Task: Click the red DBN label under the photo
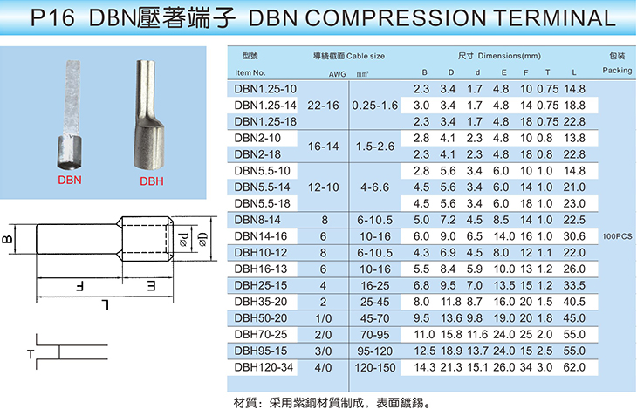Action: (x=70, y=180)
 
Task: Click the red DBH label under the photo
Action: (x=152, y=181)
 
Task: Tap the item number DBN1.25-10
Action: (x=265, y=89)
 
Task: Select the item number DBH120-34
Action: (x=264, y=367)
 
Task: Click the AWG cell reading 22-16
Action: (x=323, y=106)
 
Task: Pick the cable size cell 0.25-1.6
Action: (x=375, y=106)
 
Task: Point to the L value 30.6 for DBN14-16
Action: (x=574, y=236)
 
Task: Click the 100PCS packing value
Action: (x=617, y=236)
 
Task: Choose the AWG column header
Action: (x=337, y=74)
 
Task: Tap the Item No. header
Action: (x=250, y=72)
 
